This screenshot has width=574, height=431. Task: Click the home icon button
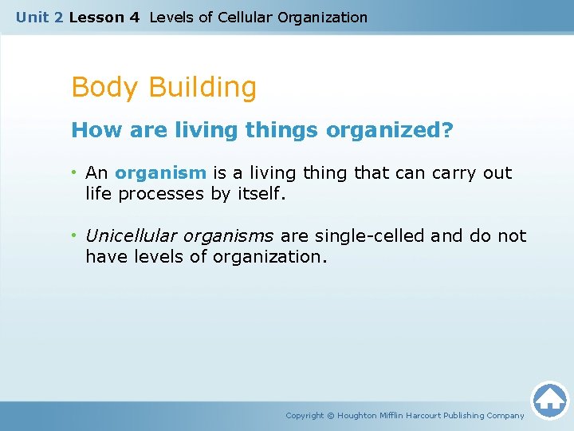(x=549, y=400)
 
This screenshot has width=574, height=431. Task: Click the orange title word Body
(x=104, y=87)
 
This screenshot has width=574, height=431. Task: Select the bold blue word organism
(x=160, y=173)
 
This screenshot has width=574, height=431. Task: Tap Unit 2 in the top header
(x=40, y=17)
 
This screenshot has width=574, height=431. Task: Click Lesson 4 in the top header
(x=104, y=17)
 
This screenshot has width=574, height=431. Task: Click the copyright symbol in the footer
(x=332, y=415)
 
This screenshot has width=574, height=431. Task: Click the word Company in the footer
(x=505, y=415)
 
